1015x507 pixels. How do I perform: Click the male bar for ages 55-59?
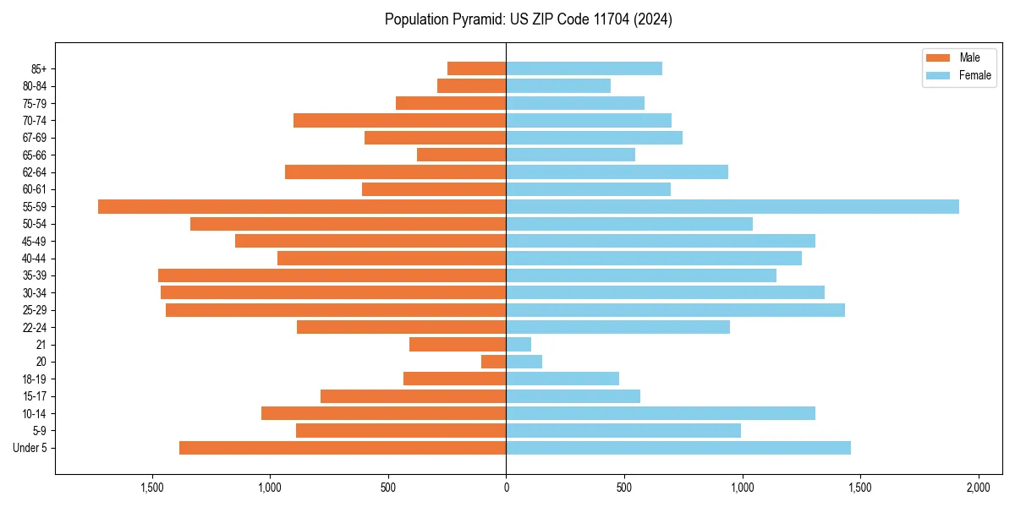point(302,206)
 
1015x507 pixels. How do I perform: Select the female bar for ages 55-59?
point(732,206)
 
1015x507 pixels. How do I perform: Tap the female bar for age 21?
point(518,344)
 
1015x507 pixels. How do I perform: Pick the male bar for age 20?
point(494,362)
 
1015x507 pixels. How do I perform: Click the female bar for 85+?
point(584,68)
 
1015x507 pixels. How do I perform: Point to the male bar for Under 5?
point(343,448)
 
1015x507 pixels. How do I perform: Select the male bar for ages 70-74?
point(399,120)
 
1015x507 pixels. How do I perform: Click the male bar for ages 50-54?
point(348,224)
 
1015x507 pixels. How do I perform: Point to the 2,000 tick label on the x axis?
point(978,488)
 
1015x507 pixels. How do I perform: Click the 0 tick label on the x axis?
point(506,488)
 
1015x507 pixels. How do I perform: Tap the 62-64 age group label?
point(34,172)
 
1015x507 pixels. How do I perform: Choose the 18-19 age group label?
point(34,379)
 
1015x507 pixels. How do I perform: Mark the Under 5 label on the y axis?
point(30,448)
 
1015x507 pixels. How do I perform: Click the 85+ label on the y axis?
point(39,68)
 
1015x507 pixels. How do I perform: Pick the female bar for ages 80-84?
point(558,85)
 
